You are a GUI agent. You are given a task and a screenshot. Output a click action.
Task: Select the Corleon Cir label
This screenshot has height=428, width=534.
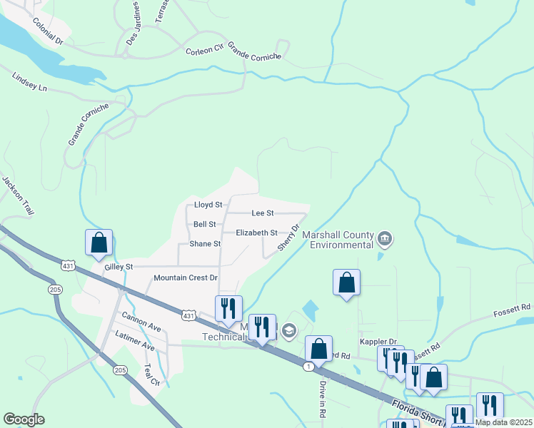click(205, 51)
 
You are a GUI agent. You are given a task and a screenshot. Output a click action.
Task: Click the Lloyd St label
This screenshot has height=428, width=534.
click(208, 205)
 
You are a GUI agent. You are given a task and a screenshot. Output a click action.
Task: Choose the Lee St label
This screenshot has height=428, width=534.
click(263, 213)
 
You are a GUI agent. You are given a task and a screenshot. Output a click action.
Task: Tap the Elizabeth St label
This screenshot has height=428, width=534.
click(256, 233)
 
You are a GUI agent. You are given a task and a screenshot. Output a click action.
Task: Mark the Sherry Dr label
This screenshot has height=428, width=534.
click(288, 237)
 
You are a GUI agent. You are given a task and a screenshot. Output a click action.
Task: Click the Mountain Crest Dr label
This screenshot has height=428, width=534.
click(186, 277)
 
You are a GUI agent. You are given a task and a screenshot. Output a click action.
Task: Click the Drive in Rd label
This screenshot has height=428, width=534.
click(322, 398)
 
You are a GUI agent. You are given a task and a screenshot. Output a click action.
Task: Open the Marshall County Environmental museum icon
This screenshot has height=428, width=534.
click(385, 238)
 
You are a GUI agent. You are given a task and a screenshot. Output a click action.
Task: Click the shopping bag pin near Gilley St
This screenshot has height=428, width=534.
click(99, 243)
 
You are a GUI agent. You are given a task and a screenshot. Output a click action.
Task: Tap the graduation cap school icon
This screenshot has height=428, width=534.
click(288, 330)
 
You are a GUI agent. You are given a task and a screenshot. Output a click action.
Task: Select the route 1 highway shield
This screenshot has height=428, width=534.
click(308, 366)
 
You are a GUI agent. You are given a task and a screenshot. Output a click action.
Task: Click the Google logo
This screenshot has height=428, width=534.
click(24, 419)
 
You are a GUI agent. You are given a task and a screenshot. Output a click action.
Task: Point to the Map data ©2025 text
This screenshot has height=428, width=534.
click(503, 422)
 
